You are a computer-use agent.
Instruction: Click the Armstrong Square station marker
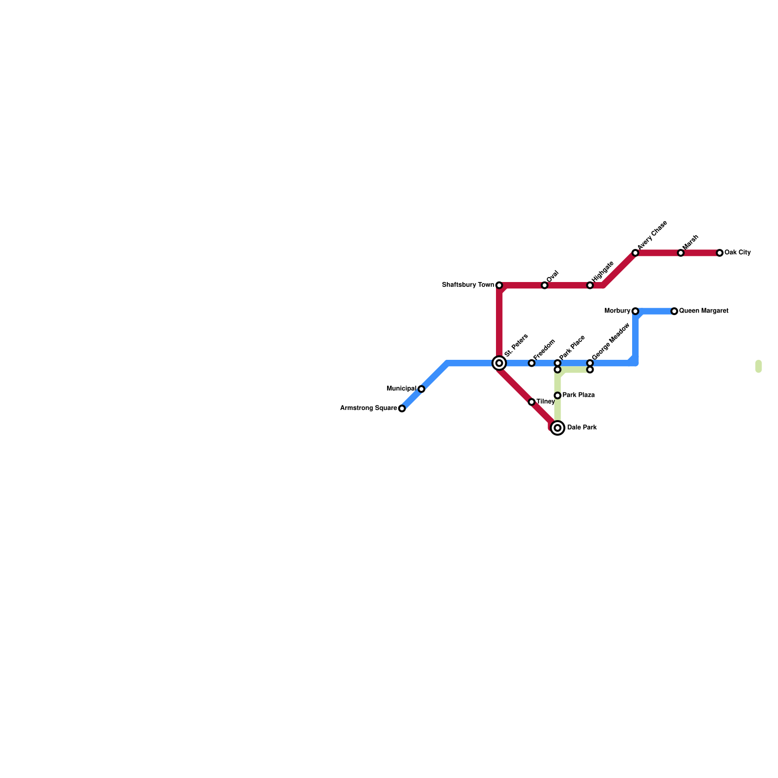coord(402,408)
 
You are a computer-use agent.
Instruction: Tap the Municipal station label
coord(401,389)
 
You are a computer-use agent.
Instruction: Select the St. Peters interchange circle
coord(499,363)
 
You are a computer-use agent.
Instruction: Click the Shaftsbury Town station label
coord(467,285)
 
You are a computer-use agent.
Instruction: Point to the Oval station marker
coord(545,285)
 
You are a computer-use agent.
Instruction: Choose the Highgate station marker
coord(590,285)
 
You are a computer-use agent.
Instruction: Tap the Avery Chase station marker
coord(635,253)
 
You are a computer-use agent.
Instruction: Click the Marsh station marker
coord(681,253)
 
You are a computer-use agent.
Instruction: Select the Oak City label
coord(738,253)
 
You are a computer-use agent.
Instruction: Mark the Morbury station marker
coord(635,311)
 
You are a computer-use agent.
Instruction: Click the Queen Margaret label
coord(704,311)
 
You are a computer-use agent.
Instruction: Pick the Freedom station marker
coord(531,363)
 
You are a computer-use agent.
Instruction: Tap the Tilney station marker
coord(531,402)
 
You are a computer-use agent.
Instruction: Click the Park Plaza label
coord(579,395)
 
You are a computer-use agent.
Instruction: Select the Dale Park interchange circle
coord(558,428)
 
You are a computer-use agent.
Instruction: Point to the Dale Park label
coord(582,428)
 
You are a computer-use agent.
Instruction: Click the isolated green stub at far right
coord(758,367)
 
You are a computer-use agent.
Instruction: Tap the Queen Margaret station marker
coord(674,311)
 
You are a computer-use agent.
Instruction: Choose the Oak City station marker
coord(720,253)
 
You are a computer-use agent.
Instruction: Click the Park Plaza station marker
coord(558,395)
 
